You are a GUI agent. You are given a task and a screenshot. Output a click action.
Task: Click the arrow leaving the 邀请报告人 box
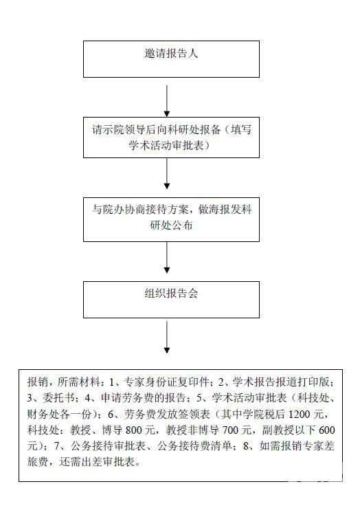[x=167, y=100]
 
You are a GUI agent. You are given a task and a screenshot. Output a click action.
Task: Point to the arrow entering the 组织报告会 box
[x=167, y=257]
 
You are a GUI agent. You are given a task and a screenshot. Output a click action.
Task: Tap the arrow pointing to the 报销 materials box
[x=167, y=338]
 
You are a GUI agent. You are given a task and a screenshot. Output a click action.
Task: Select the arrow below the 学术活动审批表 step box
[x=167, y=173]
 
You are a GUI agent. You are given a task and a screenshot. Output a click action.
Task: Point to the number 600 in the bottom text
[x=327, y=430]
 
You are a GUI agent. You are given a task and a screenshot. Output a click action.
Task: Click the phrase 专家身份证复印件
[x=166, y=382]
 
